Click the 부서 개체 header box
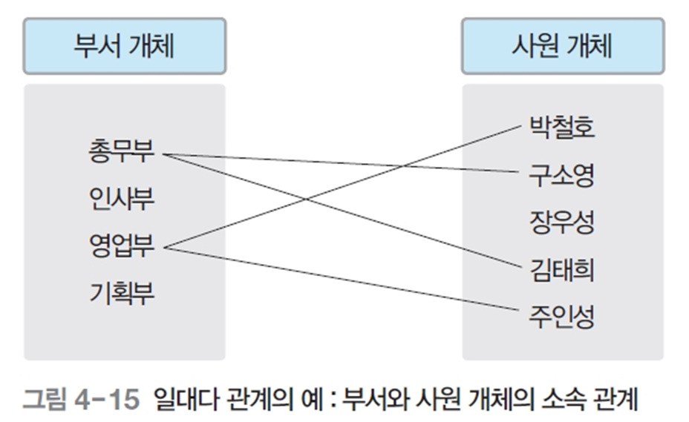[124, 46]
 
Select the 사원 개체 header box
[562, 46]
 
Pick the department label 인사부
[121, 200]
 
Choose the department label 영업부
[121, 247]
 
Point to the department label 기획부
[121, 294]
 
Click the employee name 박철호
[562, 128]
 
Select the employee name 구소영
[562, 175]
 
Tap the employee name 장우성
[562, 222]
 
